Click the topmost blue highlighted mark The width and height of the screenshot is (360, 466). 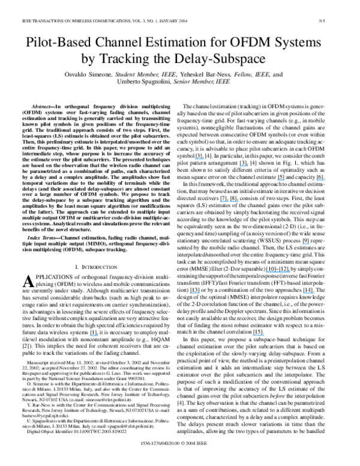pos(200,159)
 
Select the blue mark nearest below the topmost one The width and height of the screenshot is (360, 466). pos(244,166)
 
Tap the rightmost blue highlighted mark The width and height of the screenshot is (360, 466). pos(321,180)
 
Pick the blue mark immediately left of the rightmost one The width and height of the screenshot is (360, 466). pos(280,180)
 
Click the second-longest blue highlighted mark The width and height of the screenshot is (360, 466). pos(229,201)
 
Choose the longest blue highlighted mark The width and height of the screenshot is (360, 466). pos(278,271)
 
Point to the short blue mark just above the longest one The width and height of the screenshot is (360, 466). pos(305,243)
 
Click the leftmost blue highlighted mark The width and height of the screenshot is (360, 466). pos(94,335)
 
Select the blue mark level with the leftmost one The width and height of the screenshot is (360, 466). pos(259,335)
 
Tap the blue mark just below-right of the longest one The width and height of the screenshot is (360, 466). pos(308,292)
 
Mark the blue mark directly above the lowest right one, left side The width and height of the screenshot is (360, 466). pos(194,292)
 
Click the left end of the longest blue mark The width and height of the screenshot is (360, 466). pos(266,271)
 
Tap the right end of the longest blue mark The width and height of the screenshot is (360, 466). pos(291,271)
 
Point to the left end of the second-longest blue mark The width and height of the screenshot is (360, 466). pos(220,201)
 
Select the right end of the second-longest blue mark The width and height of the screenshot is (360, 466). pos(239,201)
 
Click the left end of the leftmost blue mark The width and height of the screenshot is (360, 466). pos(89,335)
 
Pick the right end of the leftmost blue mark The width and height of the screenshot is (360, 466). pos(98,335)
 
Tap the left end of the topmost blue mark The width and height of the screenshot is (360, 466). pos(195,159)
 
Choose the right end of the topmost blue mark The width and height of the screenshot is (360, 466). pos(205,159)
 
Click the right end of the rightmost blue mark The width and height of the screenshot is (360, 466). pos(326,180)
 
